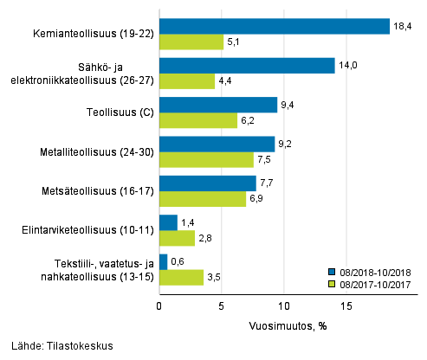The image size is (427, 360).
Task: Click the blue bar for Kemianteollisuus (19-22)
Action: [274, 26]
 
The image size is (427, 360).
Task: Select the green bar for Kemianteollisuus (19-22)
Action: [191, 42]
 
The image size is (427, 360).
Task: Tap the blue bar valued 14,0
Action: [247, 66]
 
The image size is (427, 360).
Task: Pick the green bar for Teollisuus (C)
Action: [197, 121]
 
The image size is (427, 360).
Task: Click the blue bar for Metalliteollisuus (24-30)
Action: [217, 144]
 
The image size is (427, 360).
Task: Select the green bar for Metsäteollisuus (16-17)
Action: [202, 199]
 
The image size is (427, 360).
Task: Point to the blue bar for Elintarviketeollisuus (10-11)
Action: [168, 222]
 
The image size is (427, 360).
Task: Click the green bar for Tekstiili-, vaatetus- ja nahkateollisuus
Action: [181, 277]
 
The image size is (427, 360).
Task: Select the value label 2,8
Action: [205, 238]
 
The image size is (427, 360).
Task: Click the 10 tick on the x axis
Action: [283, 305]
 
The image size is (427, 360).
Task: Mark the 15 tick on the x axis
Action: [345, 305]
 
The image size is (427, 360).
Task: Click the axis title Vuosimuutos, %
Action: [283, 325]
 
